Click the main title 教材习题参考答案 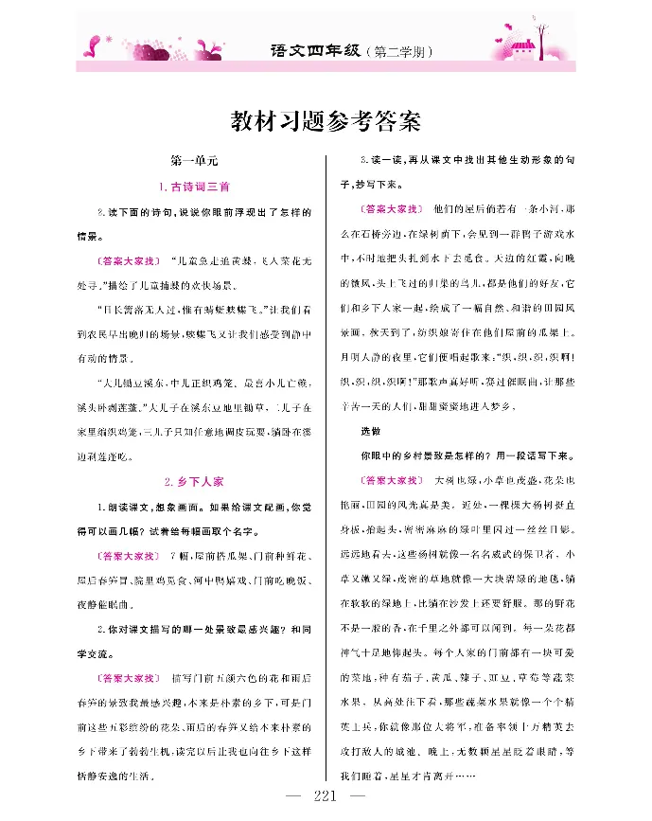326,122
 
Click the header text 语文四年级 308,49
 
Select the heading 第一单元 192,161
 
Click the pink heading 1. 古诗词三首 193,186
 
